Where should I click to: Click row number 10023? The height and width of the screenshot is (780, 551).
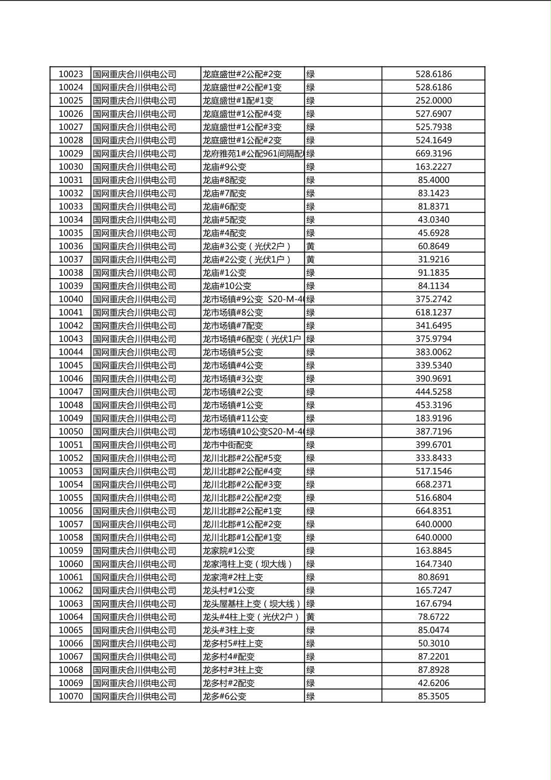click(x=70, y=74)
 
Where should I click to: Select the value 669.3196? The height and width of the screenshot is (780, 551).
click(x=433, y=153)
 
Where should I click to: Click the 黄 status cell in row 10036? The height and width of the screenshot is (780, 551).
click(x=311, y=246)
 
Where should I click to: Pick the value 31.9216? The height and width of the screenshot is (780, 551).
click(x=433, y=260)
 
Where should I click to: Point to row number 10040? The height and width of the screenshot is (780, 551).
click(x=70, y=299)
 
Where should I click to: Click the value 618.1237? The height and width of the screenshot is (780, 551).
click(x=433, y=313)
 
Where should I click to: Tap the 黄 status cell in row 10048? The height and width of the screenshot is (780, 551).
click(x=311, y=405)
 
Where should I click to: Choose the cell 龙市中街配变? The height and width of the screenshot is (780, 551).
click(x=227, y=445)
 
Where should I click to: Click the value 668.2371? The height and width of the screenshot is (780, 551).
click(x=433, y=485)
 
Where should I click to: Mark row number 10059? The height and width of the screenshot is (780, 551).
click(x=70, y=551)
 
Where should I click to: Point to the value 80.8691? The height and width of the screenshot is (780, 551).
click(x=433, y=577)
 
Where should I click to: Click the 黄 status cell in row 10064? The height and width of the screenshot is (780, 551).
click(x=311, y=617)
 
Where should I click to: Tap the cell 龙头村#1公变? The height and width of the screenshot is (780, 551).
click(x=228, y=590)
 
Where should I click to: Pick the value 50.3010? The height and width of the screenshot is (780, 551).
click(x=433, y=643)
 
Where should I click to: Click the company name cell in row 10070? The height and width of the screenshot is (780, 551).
click(x=135, y=697)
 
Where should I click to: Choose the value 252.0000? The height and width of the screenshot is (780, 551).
click(x=433, y=101)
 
